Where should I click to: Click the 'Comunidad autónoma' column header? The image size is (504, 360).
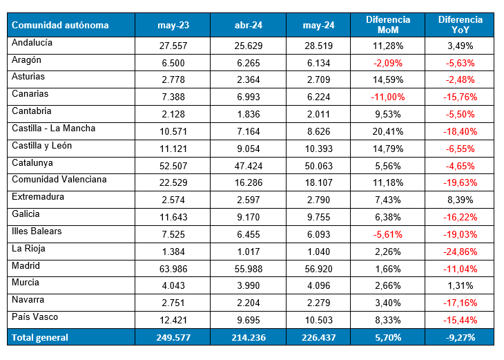point(61,26)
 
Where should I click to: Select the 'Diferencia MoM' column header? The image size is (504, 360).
point(389,25)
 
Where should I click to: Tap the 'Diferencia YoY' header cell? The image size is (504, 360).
point(460,25)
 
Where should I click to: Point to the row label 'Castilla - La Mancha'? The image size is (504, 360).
point(54,129)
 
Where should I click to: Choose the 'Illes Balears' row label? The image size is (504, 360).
point(37,231)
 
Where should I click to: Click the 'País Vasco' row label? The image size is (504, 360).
point(35,316)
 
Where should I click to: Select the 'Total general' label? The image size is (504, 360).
point(40,337)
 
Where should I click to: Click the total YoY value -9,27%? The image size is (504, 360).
point(460,337)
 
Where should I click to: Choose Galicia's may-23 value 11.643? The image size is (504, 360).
point(173,217)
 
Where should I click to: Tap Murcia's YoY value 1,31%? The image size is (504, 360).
point(460,285)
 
